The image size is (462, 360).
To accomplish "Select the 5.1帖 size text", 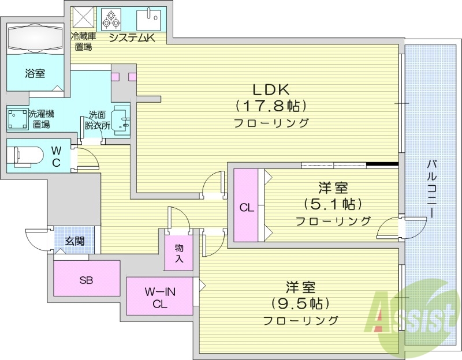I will [x=333, y=204].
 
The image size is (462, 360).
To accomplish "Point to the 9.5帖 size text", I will [x=300, y=302].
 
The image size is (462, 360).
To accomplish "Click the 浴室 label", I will [x=35, y=73].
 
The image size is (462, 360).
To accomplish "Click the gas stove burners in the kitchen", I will [x=110, y=19].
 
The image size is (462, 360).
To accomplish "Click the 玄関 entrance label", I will [x=74, y=241].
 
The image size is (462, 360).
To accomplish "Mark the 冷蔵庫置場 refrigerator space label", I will [x=83, y=42].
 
